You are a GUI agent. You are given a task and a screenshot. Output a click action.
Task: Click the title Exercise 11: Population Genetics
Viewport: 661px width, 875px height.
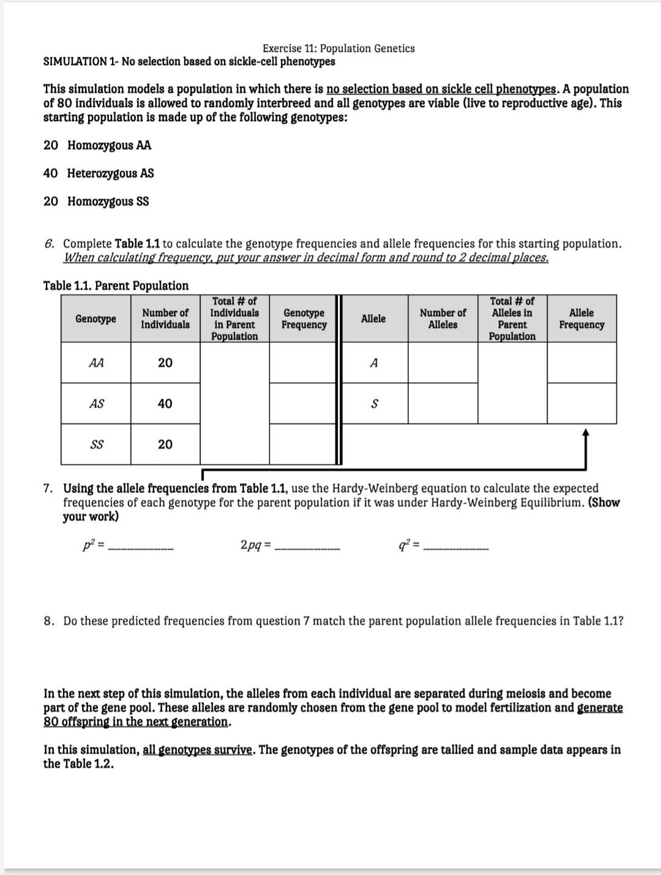[x=338, y=48]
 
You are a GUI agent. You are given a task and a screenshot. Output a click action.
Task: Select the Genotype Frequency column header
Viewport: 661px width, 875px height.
[x=304, y=319]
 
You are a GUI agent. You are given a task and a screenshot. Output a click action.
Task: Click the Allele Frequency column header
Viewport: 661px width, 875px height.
[x=581, y=319]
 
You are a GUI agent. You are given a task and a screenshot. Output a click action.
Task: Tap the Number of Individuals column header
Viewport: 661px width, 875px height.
[x=165, y=319]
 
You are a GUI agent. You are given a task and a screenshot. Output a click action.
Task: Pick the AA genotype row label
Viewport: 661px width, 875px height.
[x=96, y=363]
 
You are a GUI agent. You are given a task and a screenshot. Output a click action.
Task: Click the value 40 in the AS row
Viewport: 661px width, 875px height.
[x=165, y=404]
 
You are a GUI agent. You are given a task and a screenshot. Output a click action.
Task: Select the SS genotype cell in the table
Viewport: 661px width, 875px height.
[x=96, y=445]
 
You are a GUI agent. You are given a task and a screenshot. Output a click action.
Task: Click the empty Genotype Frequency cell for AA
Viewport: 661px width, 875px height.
[x=304, y=363]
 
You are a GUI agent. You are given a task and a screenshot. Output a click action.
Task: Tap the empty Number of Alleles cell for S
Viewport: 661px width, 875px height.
[x=443, y=404]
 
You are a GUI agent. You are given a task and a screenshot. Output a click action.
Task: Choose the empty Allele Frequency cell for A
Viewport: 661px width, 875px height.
[x=581, y=363]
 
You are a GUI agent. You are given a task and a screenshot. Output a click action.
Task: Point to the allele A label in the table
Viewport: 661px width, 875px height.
[x=374, y=363]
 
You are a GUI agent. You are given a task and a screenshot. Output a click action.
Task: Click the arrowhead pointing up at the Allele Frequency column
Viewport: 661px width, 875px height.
[x=586, y=433]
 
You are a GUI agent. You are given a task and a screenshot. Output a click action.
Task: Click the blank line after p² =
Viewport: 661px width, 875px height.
[x=141, y=548]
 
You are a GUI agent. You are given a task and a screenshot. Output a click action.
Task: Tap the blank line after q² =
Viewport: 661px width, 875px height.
[x=456, y=548]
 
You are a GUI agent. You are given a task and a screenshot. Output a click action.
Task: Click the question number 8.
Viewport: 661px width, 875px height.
[x=48, y=621]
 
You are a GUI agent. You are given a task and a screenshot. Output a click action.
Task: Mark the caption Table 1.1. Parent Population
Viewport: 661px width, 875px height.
[x=116, y=286]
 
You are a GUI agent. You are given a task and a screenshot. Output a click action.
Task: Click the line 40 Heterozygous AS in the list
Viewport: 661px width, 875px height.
[x=99, y=173]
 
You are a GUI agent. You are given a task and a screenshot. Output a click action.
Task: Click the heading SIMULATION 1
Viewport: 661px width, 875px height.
[x=80, y=62]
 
